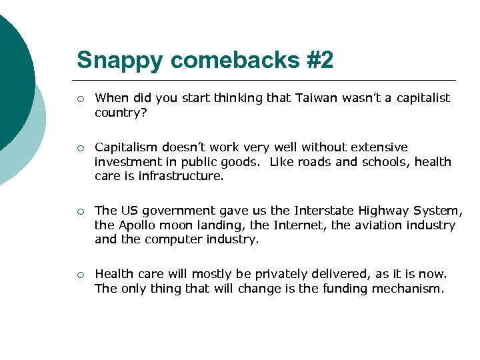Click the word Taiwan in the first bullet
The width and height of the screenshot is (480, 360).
coord(316,98)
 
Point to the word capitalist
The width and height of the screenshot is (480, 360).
coord(423,98)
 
